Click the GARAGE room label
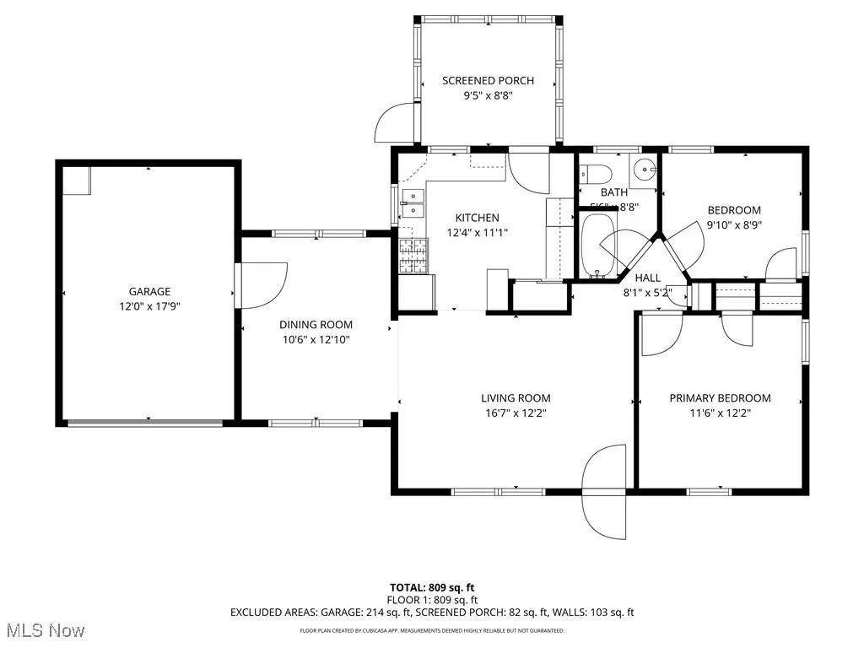tap(149, 292)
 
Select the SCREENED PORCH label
tap(488, 81)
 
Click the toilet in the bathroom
tap(597, 175)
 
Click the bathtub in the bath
tap(600, 246)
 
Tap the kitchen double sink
tap(413, 204)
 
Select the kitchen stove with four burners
tap(413, 256)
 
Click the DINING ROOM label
tap(316, 325)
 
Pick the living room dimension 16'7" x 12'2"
tap(516, 413)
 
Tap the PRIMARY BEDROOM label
tap(720, 398)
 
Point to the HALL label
tap(647, 278)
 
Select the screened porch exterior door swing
tap(395, 125)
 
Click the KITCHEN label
tap(477, 218)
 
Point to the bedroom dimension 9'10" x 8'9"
tap(733, 225)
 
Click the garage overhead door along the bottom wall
tap(148, 422)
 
